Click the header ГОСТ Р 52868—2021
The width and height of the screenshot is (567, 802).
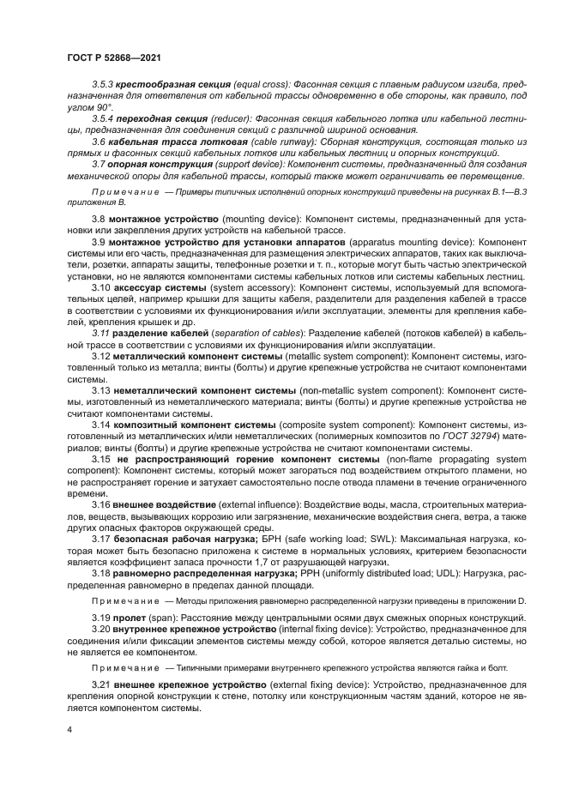pos(113,58)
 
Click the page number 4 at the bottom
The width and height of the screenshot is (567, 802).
pos(69,729)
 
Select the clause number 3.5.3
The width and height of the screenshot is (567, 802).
pos(105,86)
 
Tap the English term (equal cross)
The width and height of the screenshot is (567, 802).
pos(262,86)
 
